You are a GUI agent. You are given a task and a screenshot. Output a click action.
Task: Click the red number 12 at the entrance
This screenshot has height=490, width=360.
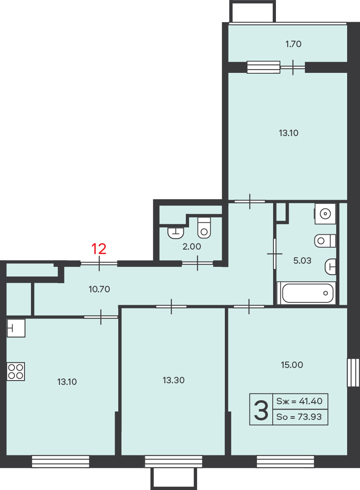coord(99,249)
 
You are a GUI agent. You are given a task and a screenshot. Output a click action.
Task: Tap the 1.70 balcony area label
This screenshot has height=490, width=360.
coord(293,44)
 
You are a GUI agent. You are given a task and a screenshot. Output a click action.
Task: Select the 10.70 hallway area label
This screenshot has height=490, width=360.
coord(99,289)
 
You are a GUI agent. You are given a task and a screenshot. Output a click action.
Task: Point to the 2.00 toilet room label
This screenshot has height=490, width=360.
coord(192,246)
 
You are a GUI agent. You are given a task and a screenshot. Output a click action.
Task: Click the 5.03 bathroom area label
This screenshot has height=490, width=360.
coord(302,261)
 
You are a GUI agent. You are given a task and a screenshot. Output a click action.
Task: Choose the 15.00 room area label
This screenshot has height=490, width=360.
coord(292,365)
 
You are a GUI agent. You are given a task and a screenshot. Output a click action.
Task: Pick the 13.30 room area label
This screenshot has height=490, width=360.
coord(173,380)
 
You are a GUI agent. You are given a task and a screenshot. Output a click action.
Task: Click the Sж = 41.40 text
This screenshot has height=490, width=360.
coord(299,401)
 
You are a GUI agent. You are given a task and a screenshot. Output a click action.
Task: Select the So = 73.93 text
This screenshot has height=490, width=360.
coord(299,417)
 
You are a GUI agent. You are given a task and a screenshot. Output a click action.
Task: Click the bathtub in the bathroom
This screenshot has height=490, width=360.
coord(307,293)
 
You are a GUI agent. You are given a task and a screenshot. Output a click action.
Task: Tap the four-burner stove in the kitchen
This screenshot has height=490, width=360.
coord(16,372)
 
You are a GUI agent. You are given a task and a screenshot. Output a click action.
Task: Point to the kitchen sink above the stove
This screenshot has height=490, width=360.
coord(16,328)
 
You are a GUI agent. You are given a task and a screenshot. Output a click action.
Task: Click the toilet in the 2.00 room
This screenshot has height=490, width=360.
coord(204,228)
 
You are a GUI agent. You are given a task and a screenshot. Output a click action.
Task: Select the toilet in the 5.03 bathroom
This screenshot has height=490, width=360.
coord(325,241)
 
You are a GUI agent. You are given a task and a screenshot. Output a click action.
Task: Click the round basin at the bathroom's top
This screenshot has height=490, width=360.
coord(325,214)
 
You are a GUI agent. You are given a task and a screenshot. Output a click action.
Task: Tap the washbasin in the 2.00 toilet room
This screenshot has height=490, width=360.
coord(175,233)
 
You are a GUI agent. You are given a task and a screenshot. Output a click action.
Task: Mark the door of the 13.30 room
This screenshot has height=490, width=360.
coord(171,306)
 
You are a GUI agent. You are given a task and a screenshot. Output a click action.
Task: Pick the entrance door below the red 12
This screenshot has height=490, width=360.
coord(99,263)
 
